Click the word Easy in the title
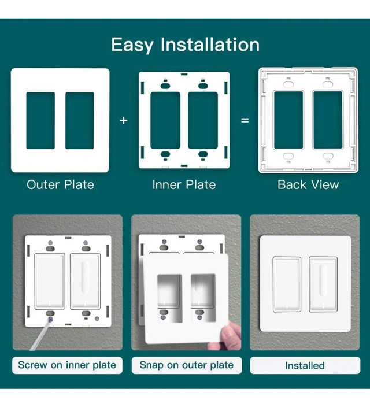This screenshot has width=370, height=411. point(132,45)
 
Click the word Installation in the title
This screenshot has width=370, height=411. point(210,44)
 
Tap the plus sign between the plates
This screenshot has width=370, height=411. point(124,121)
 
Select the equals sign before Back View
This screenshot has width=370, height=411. point(245,120)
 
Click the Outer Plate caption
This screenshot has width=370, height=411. point(60,184)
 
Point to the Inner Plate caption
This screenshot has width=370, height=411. point(184,184)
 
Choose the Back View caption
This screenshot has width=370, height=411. point(308,184)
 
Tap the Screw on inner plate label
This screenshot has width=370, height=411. point(67,365)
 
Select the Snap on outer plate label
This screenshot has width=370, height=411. point(186,365)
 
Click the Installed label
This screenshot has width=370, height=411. point(305,365)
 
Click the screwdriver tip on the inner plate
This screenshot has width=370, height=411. point(50,320)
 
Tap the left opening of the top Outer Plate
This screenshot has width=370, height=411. point(40,121)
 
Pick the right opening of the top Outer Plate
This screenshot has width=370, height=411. point(80,121)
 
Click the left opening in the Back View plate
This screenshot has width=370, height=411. point(288,120)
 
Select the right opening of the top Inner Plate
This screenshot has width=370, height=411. point(203,120)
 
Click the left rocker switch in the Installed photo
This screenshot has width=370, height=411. point(287,284)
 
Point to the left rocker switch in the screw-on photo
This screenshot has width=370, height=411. point(50,281)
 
